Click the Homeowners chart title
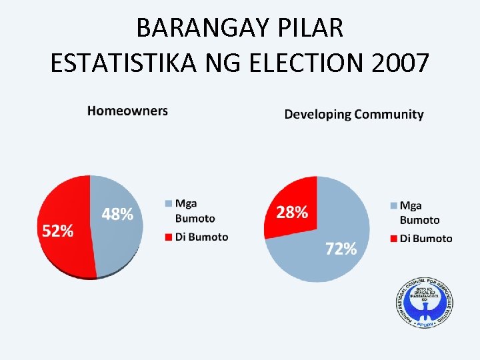[127, 111]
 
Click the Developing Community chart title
[354, 114]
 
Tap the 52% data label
[58, 231]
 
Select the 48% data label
[117, 214]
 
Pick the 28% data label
[292, 213]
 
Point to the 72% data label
[341, 249]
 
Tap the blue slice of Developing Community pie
[333, 220]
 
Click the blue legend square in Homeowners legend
[167, 203]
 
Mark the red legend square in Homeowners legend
[167, 237]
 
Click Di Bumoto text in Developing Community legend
[426, 238]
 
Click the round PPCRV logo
[423, 301]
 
